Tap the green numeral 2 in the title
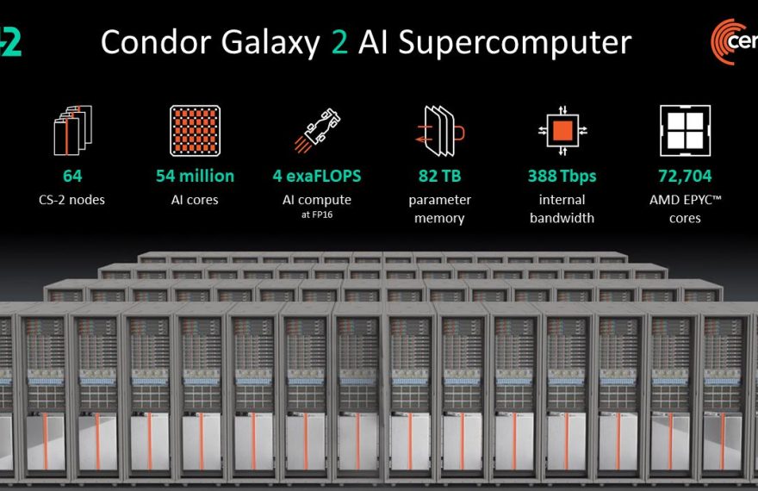click(x=339, y=42)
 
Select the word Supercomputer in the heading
click(x=514, y=43)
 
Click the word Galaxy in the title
click(x=270, y=43)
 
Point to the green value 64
click(x=72, y=176)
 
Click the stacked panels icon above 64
click(x=72, y=130)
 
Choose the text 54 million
click(x=195, y=176)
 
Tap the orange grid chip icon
click(x=196, y=131)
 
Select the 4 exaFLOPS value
click(x=317, y=176)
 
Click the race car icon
click(x=317, y=130)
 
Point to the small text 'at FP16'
click(x=317, y=214)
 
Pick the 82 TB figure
click(x=439, y=176)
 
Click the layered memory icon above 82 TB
click(x=440, y=131)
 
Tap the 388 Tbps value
click(x=562, y=176)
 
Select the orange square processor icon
click(x=562, y=130)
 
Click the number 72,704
click(x=685, y=176)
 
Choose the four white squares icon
click(x=685, y=130)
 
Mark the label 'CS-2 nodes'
click(x=71, y=200)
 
